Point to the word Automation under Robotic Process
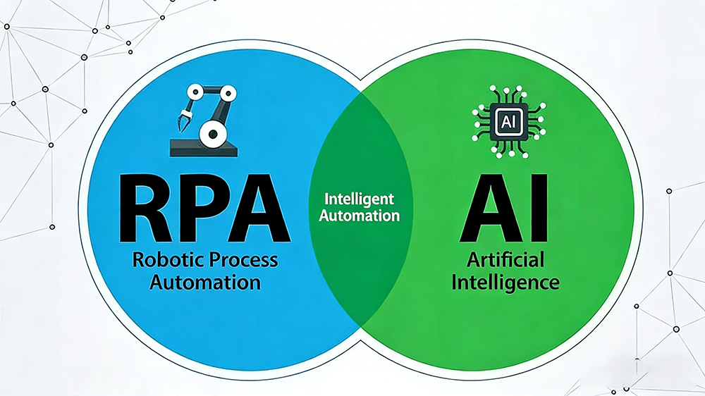click(x=205, y=283)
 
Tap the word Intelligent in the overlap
click(x=360, y=199)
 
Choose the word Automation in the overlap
click(x=360, y=216)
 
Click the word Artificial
click(x=505, y=260)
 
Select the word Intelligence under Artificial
click(x=505, y=283)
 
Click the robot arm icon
click(x=204, y=120)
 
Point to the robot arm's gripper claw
click(x=184, y=119)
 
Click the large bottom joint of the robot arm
click(x=213, y=133)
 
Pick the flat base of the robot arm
click(x=204, y=149)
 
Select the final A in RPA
click(x=261, y=209)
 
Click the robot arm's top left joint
click(x=195, y=93)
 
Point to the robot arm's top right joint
click(x=228, y=94)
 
